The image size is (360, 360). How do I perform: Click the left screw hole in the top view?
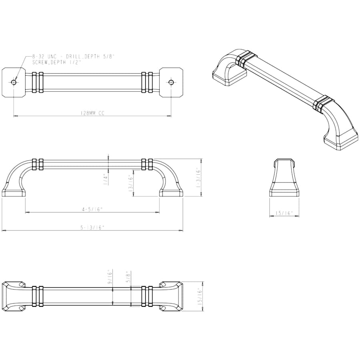click(14, 82)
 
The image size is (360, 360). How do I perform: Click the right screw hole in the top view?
click(171, 82)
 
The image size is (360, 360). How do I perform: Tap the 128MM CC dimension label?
click(92, 113)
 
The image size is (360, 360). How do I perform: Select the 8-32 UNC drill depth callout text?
click(73, 56)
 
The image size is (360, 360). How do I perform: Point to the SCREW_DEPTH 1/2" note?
click(57, 62)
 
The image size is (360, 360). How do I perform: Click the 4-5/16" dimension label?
click(92, 209)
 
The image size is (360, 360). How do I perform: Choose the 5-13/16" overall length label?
click(92, 227)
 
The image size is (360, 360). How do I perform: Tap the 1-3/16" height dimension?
click(198, 178)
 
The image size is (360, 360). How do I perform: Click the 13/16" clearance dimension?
click(131, 183)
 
